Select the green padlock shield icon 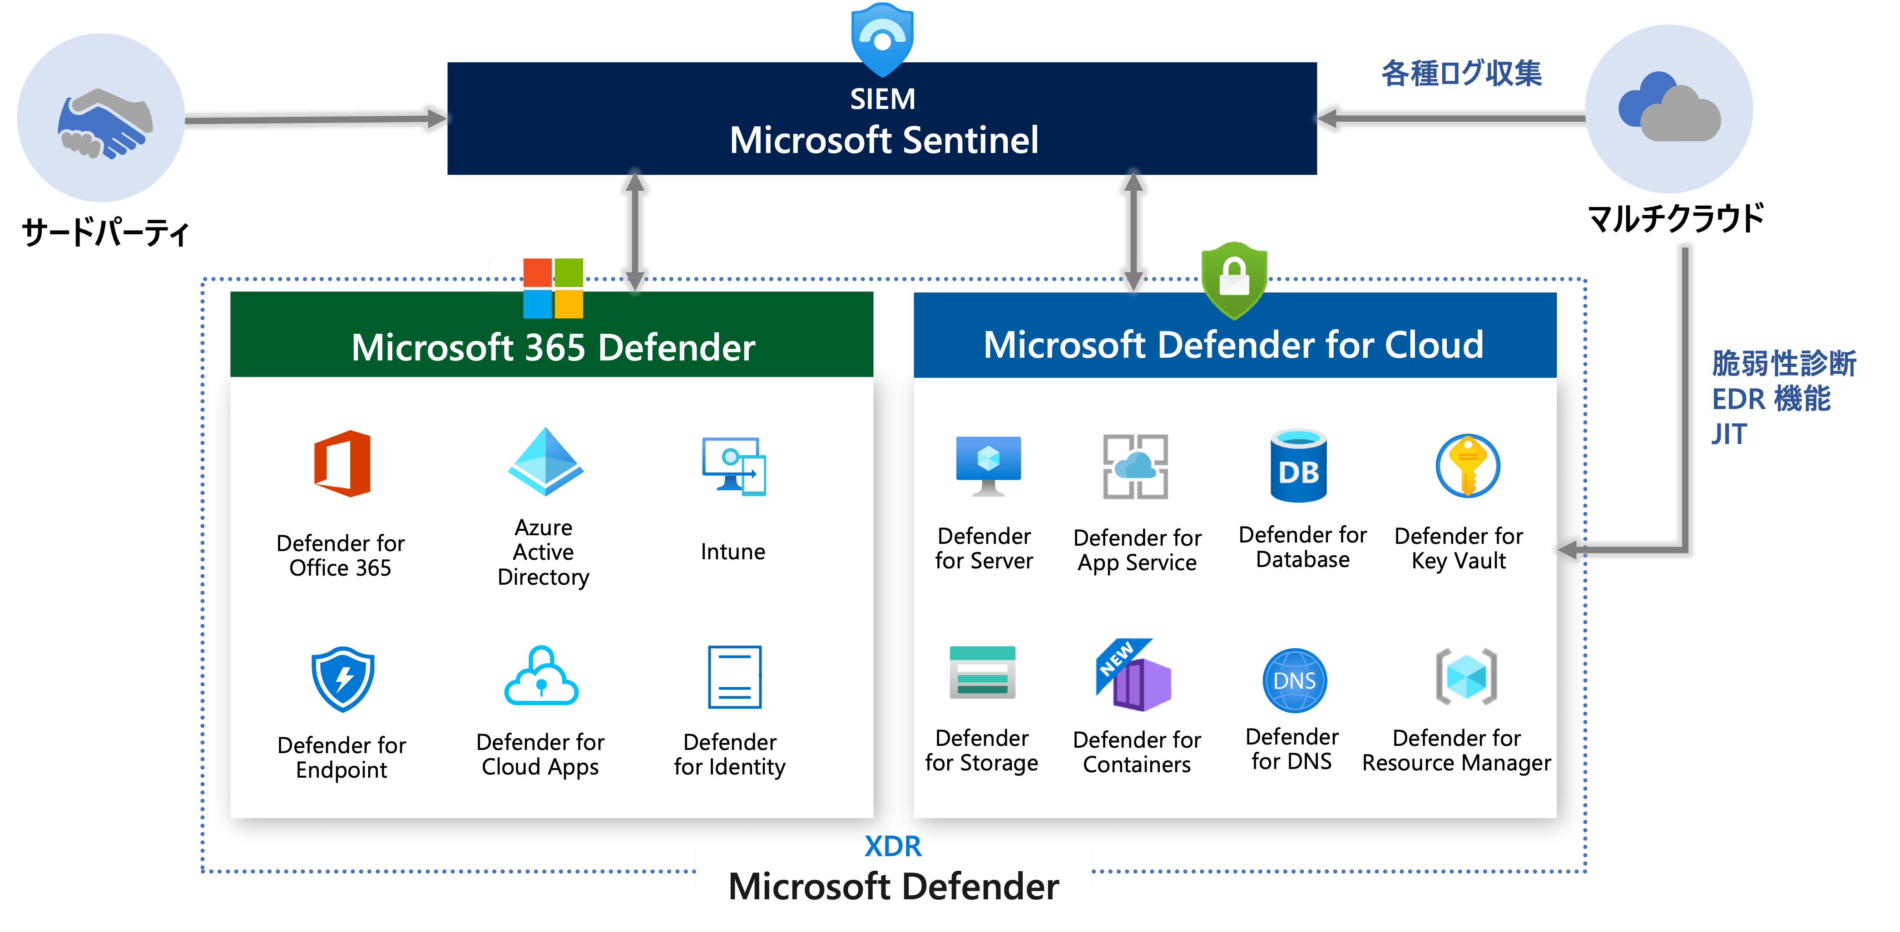[x=1234, y=279]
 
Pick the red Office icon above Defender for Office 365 [x=342, y=464]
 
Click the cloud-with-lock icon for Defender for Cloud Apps [x=541, y=677]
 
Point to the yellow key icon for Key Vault [x=1467, y=466]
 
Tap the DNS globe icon [x=1295, y=680]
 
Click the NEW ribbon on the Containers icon [x=1118, y=658]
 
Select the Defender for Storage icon [x=982, y=672]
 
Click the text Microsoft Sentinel [x=884, y=140]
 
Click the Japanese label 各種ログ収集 [x=1461, y=74]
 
